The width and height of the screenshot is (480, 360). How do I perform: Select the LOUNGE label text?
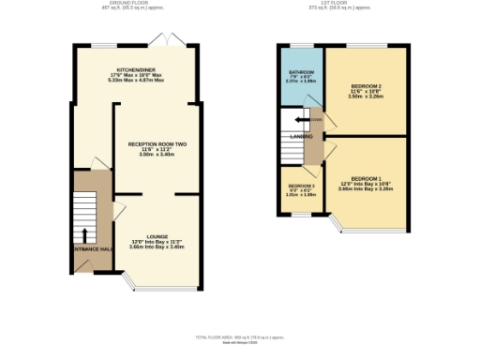click(x=157, y=236)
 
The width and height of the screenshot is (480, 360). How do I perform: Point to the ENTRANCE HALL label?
click(x=94, y=247)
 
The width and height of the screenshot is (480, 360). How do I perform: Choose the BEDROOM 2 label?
click(x=366, y=84)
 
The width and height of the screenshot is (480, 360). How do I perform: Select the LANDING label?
click(x=301, y=137)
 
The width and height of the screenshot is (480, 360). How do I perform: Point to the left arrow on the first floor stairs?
click(x=299, y=119)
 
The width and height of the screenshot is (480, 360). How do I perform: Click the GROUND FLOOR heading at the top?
click(x=130, y=4)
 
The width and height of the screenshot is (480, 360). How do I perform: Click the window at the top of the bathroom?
click(x=300, y=44)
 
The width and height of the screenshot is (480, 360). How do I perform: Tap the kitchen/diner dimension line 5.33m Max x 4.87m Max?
click(x=136, y=82)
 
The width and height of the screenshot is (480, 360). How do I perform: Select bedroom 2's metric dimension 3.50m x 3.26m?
click(x=366, y=96)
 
